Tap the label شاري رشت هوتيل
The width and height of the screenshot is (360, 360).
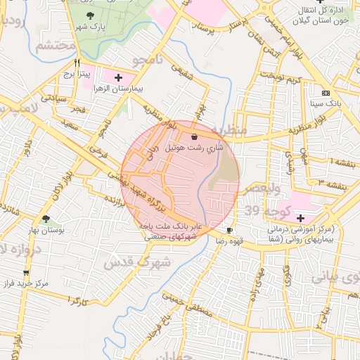(195, 148)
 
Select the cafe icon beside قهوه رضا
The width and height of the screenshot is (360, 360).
(230, 231)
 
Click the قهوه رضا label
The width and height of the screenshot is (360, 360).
(212, 240)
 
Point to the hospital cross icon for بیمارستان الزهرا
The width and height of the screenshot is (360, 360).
(118, 77)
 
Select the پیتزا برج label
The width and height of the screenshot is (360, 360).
(74, 72)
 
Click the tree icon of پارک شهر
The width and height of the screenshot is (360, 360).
(90, 16)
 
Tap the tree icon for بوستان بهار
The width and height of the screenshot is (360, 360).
(46, 219)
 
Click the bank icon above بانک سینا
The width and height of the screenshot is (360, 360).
(325, 93)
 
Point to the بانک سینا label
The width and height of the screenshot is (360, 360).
(325, 103)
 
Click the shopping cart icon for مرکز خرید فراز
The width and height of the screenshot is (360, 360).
(26, 272)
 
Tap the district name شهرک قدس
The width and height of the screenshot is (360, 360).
(128, 263)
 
